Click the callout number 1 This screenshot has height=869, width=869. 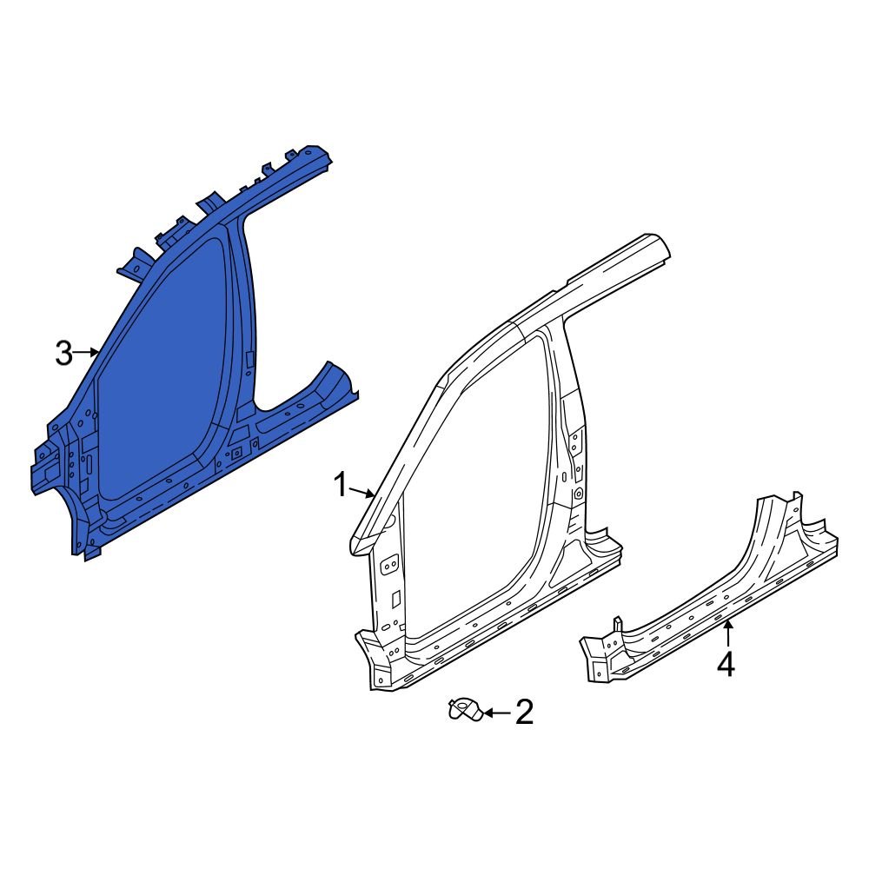[342, 485]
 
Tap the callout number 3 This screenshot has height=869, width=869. [63, 353]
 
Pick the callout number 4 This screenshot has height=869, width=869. [726, 665]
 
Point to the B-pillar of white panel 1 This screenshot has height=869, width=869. [569, 434]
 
